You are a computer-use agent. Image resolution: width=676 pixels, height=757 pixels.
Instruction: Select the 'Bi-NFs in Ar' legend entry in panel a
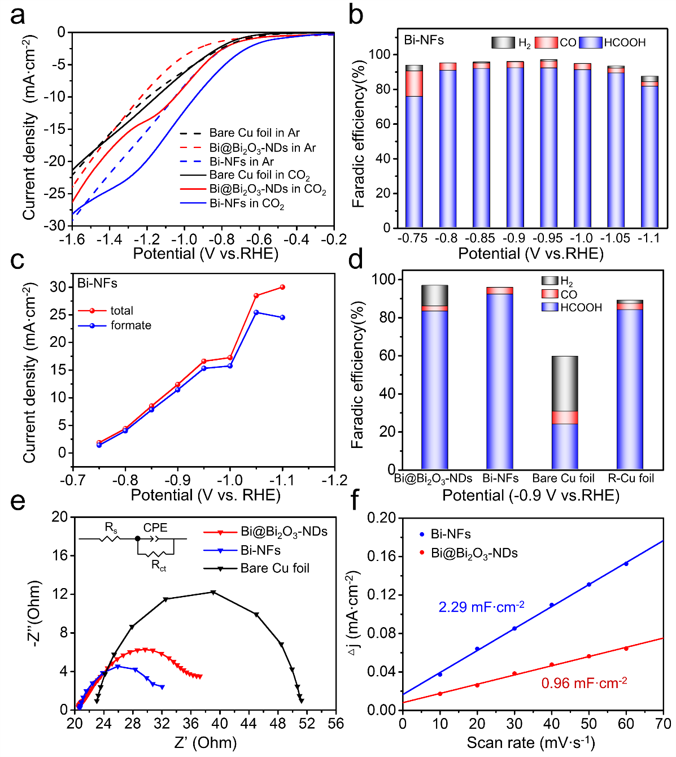coord(241,162)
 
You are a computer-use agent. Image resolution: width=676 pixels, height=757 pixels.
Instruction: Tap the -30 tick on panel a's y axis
coord(56,225)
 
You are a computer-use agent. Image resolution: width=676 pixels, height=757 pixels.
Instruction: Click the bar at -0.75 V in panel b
coord(414,147)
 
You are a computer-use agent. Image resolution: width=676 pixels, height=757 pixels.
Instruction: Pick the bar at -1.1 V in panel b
coord(650,153)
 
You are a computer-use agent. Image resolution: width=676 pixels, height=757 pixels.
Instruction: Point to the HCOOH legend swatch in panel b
coord(591,42)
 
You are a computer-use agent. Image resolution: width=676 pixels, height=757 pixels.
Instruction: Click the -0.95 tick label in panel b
coord(547,238)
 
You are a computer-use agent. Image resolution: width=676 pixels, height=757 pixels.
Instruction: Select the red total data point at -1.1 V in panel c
coord(282,287)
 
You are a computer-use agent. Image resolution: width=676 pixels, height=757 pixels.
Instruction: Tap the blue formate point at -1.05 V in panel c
coord(256,312)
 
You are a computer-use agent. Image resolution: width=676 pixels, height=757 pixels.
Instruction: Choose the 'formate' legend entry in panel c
coord(130,325)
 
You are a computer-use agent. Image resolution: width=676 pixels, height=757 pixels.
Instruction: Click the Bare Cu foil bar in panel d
coord(564,413)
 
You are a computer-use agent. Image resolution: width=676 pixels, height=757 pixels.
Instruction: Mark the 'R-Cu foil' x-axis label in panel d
coord(631,478)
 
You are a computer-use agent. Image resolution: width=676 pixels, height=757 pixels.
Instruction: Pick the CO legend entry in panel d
coord(568,294)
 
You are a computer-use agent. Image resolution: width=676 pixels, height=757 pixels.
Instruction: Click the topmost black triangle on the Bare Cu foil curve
coord(213,592)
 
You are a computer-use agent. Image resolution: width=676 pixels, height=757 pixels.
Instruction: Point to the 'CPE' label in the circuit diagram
coord(155,528)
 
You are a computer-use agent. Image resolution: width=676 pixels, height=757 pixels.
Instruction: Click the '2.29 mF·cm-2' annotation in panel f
coord(481,607)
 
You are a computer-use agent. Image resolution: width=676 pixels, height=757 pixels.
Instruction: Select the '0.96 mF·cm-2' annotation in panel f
coord(584,684)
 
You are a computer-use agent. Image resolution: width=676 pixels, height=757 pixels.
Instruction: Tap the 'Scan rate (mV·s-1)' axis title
coord(530,742)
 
